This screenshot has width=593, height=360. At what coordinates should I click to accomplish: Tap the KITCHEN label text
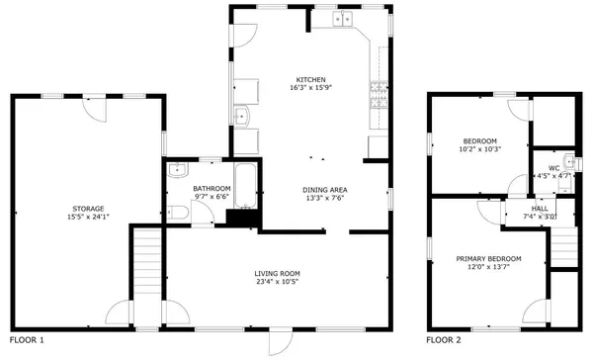310,80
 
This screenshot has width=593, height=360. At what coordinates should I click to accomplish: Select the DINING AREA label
324,190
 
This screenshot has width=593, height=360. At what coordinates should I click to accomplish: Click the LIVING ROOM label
277,274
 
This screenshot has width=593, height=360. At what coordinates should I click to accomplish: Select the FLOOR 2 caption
444,340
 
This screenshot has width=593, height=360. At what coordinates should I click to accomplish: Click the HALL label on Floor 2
540,209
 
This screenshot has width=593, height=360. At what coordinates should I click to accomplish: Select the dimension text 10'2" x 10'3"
481,149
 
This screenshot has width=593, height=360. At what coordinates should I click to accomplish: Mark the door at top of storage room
92,109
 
